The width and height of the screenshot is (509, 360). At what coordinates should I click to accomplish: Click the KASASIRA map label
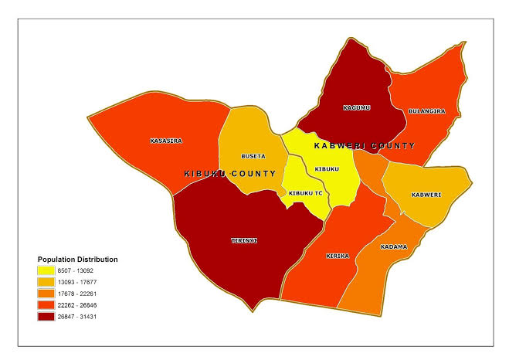coord(166,141)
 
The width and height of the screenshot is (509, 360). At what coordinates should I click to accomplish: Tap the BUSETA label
coord(253,155)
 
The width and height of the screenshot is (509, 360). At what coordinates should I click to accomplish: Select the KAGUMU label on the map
coord(356,107)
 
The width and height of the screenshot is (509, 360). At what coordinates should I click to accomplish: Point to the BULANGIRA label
coord(427,111)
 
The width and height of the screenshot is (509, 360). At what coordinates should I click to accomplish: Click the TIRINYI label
coord(244,240)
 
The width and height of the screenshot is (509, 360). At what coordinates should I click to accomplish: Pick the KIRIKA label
coord(338,255)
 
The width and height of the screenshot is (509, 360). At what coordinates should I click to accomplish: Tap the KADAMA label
coord(394,247)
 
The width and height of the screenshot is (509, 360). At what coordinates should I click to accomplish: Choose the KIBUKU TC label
coord(304,192)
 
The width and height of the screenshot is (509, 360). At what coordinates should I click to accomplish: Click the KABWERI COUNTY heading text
coord(364,145)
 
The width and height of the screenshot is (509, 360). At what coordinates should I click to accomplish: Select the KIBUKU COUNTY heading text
coord(230,174)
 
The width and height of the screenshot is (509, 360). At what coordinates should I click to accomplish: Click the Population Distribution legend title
coord(77,259)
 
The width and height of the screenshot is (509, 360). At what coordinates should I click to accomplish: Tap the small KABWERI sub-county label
coord(426,194)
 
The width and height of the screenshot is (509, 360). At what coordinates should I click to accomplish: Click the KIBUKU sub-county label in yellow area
coord(327,168)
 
